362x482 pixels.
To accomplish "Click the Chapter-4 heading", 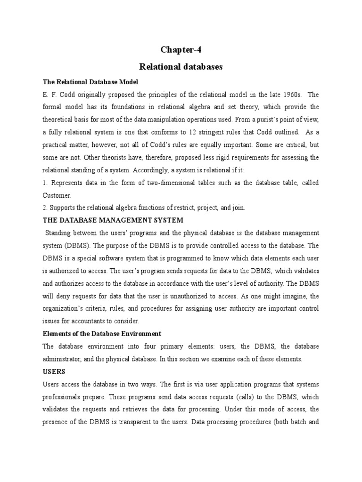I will tap(181, 49).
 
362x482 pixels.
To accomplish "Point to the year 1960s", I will tap(278, 94).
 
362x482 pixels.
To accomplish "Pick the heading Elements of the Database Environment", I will tap(102, 334).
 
